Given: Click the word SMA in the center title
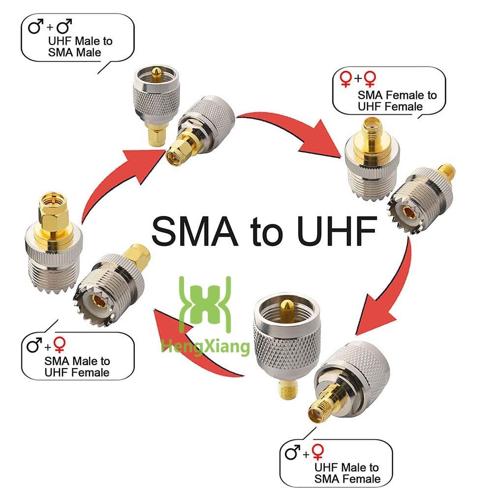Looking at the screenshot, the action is click(x=194, y=231).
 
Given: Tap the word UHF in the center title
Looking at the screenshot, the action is click(x=337, y=231).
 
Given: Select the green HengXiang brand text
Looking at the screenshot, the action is click(x=205, y=347).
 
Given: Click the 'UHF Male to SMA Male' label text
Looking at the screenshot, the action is click(x=80, y=46).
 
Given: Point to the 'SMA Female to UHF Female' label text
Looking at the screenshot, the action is click(x=397, y=100).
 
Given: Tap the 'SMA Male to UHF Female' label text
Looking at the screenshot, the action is click(x=77, y=367).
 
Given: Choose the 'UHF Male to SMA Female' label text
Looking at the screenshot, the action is click(x=347, y=473).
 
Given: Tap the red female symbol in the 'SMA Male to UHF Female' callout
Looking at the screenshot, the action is click(x=60, y=345).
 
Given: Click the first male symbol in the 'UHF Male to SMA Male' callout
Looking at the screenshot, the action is click(x=35, y=26).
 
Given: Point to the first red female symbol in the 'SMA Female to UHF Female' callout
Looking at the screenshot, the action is click(x=346, y=79).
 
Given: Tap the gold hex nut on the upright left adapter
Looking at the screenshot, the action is click(x=54, y=215).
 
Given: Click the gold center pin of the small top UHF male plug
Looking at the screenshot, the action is click(x=155, y=75).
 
